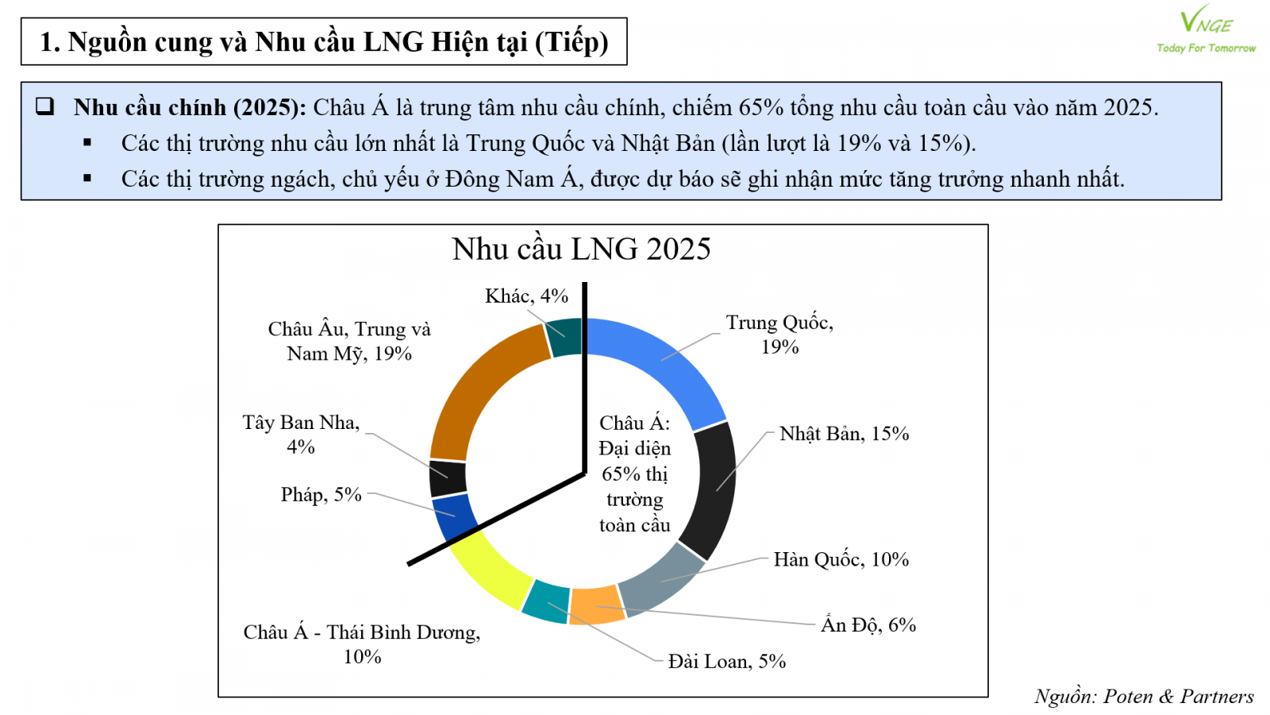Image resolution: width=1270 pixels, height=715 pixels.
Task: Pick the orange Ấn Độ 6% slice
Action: (597, 605)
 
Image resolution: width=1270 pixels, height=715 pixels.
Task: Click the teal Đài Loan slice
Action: (546, 602)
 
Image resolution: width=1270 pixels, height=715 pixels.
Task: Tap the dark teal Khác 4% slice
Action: (566, 337)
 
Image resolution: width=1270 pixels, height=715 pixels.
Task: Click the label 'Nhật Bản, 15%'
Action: (844, 434)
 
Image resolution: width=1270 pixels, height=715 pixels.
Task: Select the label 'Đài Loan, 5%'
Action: (726, 662)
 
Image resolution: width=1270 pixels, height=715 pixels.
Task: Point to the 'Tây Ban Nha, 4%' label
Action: (301, 435)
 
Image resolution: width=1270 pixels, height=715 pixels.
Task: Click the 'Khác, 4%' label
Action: (526, 296)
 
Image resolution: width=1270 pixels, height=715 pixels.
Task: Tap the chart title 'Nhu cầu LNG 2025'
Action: (581, 249)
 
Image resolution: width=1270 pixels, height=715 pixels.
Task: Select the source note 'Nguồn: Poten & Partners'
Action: (1144, 697)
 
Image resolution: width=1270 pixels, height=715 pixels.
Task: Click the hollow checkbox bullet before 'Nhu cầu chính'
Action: (45, 106)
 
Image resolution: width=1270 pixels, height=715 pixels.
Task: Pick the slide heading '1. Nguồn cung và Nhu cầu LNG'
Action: (324, 42)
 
